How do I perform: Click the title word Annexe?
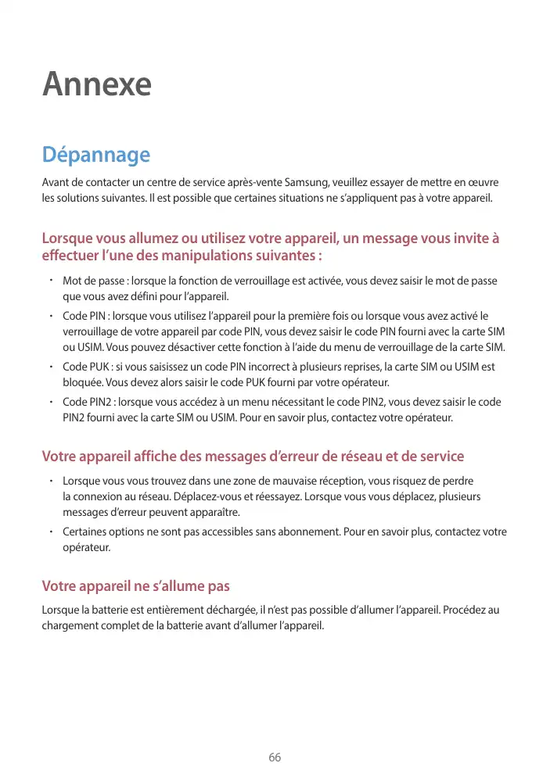point(96,84)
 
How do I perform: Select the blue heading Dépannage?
point(95,155)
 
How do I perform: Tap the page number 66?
point(275,757)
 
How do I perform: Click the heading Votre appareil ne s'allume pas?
point(135,585)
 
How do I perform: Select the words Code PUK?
point(84,367)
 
